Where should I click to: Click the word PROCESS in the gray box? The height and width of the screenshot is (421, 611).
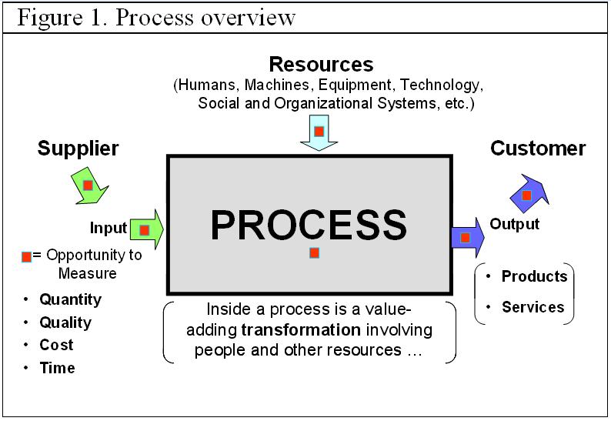(x=309, y=224)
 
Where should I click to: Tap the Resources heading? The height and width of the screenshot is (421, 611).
(x=321, y=64)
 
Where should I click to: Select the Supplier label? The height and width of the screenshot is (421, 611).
(x=78, y=149)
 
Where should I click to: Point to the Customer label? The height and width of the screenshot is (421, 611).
(x=538, y=148)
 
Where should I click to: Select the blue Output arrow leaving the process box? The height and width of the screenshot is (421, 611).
(x=466, y=238)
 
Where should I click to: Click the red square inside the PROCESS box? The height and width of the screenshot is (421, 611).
(x=314, y=252)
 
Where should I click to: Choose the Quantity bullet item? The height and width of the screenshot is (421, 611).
(x=70, y=299)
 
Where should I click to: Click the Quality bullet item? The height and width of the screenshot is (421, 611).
(x=65, y=322)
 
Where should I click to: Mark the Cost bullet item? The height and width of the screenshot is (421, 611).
(x=57, y=345)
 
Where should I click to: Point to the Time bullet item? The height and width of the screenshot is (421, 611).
(x=58, y=368)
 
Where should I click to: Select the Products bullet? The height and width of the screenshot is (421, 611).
(x=534, y=276)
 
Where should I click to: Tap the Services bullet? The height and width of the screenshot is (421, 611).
(x=533, y=307)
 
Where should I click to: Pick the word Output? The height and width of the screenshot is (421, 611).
(x=515, y=224)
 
